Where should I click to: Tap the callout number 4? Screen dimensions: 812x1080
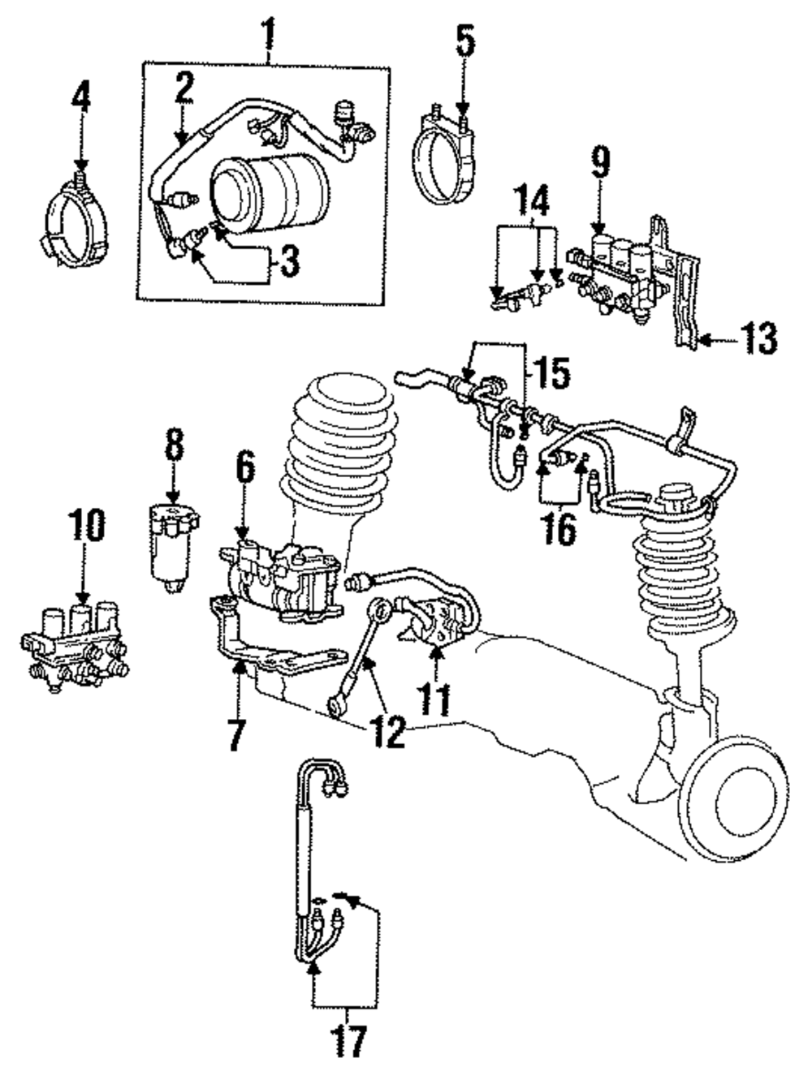(x=81, y=105)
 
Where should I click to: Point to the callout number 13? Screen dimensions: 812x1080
(x=760, y=338)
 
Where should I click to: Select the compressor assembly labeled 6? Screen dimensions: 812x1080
(x=281, y=581)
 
